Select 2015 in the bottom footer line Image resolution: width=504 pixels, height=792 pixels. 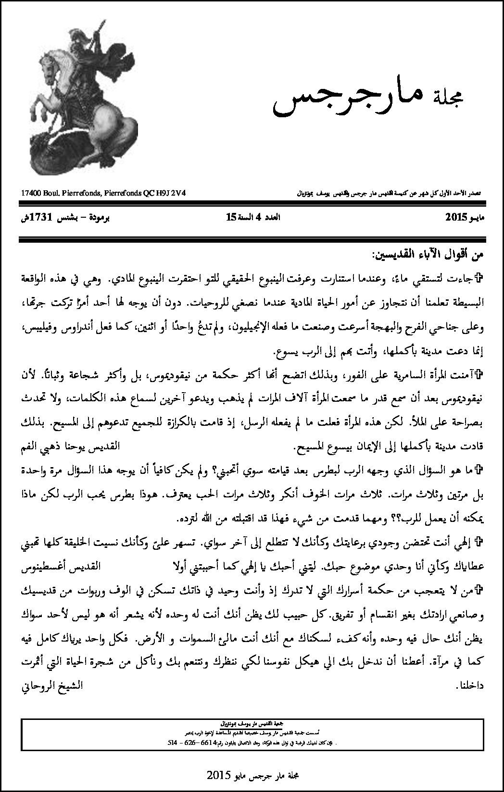coord(217,775)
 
